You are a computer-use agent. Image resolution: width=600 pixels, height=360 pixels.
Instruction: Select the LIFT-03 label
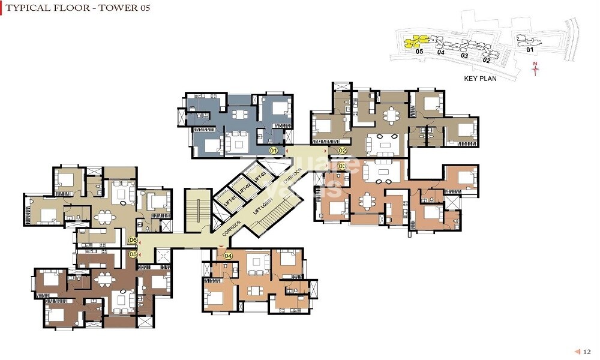tap(259, 176)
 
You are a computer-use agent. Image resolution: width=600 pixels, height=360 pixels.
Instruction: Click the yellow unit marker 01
tap(274, 150)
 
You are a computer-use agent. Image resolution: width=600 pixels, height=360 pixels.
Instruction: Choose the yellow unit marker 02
tap(343, 150)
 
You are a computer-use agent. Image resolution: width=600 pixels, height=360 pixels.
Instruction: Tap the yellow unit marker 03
tap(343, 166)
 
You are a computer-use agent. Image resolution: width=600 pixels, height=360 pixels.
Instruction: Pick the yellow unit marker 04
tap(228, 256)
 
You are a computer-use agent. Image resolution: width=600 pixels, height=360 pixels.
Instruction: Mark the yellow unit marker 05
tap(133, 254)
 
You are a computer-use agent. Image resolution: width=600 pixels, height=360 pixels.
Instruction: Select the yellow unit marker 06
tap(133, 240)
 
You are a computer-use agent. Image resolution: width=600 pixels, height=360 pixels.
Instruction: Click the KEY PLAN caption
tap(480, 79)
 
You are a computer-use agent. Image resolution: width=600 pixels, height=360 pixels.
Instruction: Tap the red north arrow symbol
tap(536, 70)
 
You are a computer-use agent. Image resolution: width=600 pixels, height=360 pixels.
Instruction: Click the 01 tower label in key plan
tap(529, 50)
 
